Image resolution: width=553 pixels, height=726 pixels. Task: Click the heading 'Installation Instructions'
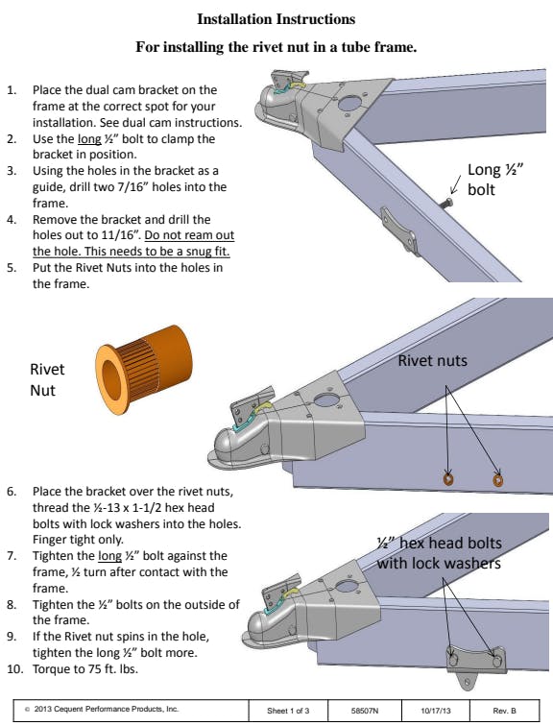pos(276,19)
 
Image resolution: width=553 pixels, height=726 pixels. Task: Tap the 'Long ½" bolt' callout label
pos(494,180)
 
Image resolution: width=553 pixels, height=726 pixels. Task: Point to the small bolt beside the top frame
pos(446,203)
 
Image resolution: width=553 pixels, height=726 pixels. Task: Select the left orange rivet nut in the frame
pos(447,479)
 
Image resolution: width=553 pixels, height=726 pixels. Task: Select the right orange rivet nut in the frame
pos(497,480)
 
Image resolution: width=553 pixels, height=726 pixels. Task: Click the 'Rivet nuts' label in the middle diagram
pos(433,361)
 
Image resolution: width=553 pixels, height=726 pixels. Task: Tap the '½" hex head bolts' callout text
pos(439,544)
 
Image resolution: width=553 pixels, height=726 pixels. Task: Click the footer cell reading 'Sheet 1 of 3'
pos(288,711)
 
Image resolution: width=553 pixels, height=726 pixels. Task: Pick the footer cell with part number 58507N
pos(365,711)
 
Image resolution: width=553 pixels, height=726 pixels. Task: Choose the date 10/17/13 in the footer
pos(436,711)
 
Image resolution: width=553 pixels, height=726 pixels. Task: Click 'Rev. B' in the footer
pos(504,711)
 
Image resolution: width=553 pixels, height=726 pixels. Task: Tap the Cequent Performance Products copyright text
pos(102,709)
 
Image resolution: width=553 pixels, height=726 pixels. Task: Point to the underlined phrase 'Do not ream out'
pos(189,235)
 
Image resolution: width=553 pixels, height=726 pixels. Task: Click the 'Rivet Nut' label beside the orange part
pos(47,379)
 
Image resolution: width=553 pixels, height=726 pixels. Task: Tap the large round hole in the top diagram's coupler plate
pos(349,103)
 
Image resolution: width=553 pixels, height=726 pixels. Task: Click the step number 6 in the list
pos(12,492)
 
